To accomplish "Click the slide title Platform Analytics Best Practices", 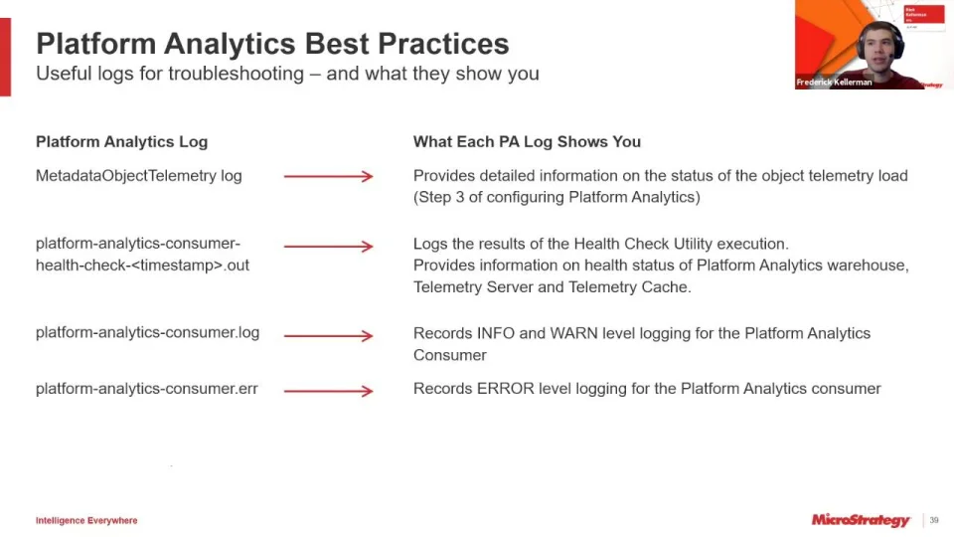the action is click(x=272, y=44).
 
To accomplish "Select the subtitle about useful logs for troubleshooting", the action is click(x=287, y=74).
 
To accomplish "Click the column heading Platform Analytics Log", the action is click(x=121, y=142).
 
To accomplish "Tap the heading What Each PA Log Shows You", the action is click(x=527, y=142).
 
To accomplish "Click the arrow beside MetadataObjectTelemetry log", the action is click(x=329, y=177).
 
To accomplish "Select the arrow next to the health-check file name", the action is click(x=329, y=246).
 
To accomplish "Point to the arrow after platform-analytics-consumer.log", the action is click(x=329, y=335).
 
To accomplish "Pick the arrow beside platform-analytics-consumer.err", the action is click(x=329, y=391).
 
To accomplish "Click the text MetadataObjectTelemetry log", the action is click(x=139, y=176).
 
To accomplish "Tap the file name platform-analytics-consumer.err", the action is click(x=147, y=389).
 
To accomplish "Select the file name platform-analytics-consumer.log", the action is click(x=147, y=332).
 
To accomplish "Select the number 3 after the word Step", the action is click(x=460, y=197).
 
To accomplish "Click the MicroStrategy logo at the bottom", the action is click(x=861, y=520).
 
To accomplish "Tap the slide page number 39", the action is click(x=934, y=520).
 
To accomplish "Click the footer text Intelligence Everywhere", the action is click(x=86, y=520).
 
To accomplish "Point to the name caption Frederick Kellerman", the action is click(x=834, y=83).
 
